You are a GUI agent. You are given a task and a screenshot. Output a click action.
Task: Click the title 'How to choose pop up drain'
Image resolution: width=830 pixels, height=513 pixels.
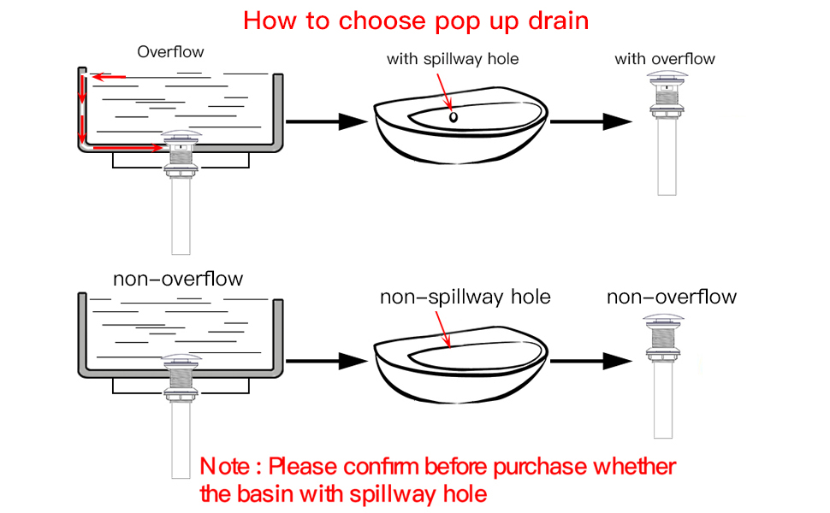click(416, 21)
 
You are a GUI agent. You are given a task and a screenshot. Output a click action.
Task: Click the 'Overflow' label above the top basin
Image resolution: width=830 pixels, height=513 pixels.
click(170, 52)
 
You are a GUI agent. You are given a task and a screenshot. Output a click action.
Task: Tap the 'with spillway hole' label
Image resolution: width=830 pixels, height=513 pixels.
click(453, 59)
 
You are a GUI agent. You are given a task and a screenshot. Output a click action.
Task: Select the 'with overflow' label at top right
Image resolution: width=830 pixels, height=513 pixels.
click(664, 59)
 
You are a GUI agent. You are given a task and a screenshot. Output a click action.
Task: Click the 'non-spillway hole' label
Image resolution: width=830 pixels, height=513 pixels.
click(465, 298)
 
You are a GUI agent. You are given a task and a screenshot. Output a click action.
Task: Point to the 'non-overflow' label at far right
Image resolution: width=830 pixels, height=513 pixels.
click(671, 298)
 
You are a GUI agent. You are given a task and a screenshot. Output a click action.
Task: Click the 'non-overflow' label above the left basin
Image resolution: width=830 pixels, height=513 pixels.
click(178, 279)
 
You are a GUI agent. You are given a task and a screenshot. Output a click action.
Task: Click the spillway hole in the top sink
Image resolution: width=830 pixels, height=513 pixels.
click(453, 116)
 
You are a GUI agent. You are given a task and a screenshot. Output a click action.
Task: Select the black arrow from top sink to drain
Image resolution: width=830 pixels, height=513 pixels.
click(590, 121)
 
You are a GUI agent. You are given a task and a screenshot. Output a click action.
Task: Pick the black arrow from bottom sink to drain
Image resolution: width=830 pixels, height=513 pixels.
click(590, 361)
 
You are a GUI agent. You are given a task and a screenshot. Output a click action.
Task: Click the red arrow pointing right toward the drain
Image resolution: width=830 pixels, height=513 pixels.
click(128, 148)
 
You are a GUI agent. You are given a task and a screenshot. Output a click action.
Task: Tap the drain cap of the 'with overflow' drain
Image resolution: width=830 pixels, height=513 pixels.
click(665, 80)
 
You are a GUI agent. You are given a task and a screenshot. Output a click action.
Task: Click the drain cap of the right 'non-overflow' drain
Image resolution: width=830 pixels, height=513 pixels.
click(665, 321)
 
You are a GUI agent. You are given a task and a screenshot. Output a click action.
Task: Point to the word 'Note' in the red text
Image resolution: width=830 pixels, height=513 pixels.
click(227, 467)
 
